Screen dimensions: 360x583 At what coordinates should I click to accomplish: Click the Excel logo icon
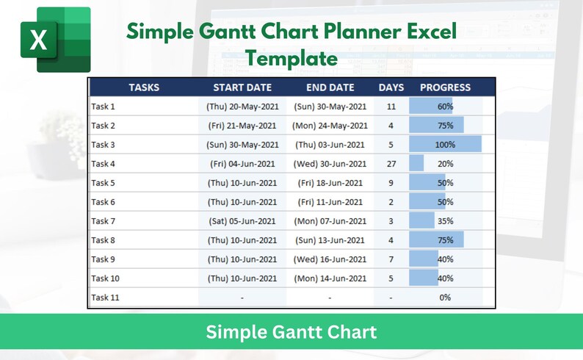pyautogui.click(x=55, y=40)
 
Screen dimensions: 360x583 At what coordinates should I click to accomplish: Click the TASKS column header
pyautogui.click(x=144, y=87)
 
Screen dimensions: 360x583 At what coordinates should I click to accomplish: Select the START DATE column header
pyautogui.click(x=242, y=87)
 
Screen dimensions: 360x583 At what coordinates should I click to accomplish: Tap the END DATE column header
pyautogui.click(x=330, y=87)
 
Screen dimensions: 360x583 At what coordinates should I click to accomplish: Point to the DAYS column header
pyautogui.click(x=391, y=87)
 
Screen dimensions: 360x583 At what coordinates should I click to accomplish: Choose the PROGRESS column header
pyautogui.click(x=445, y=87)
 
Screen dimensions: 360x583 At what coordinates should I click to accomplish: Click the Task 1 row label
pyautogui.click(x=104, y=107)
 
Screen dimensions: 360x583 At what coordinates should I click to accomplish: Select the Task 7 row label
pyautogui.click(x=104, y=221)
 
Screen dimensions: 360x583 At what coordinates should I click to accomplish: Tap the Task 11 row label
pyautogui.click(x=106, y=298)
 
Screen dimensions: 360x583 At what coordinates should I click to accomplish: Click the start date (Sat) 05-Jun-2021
pyautogui.click(x=242, y=221)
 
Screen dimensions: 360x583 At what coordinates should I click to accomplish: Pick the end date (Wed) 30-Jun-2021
pyautogui.click(x=330, y=164)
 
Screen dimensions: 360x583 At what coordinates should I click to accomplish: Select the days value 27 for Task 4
pyautogui.click(x=391, y=164)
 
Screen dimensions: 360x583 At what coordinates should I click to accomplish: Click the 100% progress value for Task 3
pyautogui.click(x=445, y=145)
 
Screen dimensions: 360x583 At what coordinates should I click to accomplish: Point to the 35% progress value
pyautogui.click(x=445, y=221)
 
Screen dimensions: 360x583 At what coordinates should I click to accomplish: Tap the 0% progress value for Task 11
pyautogui.click(x=445, y=298)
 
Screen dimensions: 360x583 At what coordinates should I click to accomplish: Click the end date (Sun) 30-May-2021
pyautogui.click(x=330, y=107)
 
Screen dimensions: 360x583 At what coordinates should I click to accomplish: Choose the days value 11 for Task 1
pyautogui.click(x=391, y=107)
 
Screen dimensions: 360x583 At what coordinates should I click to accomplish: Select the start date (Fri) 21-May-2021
pyautogui.click(x=242, y=126)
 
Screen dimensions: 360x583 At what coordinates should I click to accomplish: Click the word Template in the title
pyautogui.click(x=291, y=58)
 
